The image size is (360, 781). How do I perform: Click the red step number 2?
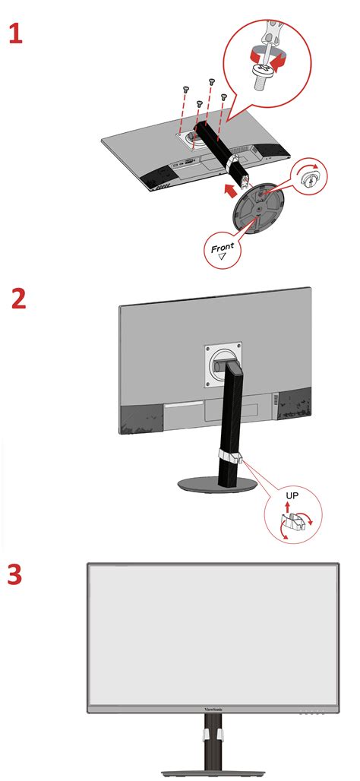(19, 298)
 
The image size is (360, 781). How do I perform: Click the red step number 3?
(16, 574)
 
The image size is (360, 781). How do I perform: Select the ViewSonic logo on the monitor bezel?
(215, 713)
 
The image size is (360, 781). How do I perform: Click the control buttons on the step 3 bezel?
(311, 713)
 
